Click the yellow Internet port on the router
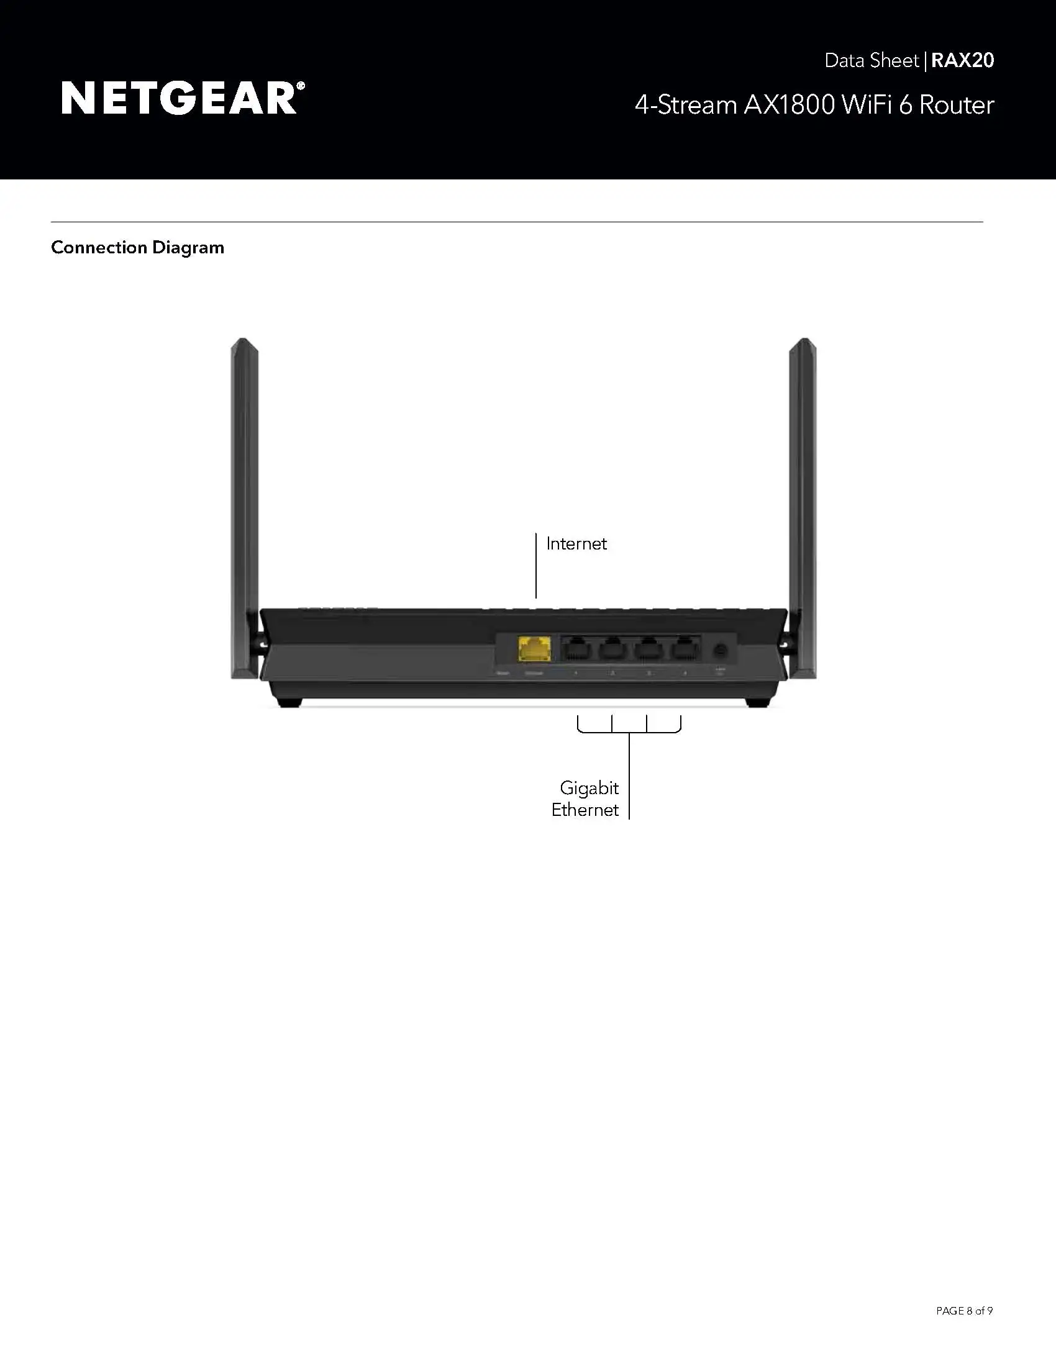[534, 649]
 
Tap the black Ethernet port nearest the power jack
[686, 649]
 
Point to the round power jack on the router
[720, 651]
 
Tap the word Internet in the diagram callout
[576, 543]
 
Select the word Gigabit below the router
[589, 787]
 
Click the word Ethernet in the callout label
[585, 810]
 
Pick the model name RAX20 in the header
[962, 60]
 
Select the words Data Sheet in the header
[872, 61]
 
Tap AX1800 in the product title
[789, 105]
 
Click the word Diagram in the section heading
[188, 248]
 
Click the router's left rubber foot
[289, 702]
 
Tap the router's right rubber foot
[758, 702]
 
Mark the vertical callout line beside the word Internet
[536, 566]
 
